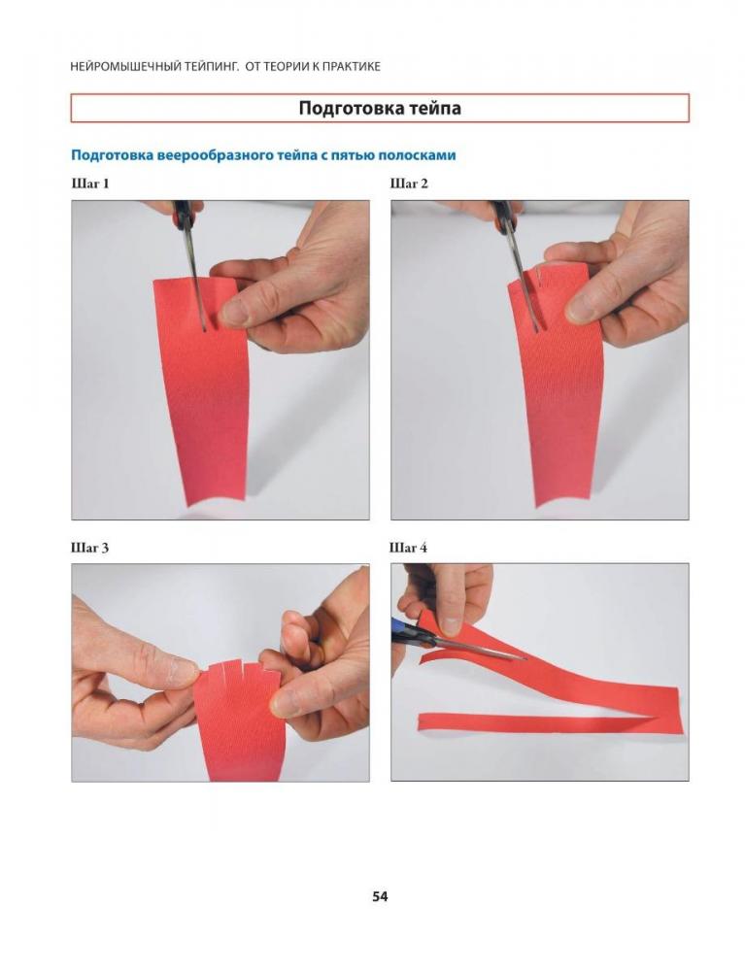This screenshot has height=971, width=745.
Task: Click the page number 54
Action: pyautogui.click(x=380, y=896)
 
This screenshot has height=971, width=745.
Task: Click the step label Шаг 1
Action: pyautogui.click(x=90, y=184)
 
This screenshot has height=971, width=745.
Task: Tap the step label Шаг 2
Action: pyautogui.click(x=409, y=184)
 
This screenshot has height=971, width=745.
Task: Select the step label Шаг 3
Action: pyautogui.click(x=90, y=548)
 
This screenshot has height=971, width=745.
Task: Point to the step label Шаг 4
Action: pyautogui.click(x=408, y=548)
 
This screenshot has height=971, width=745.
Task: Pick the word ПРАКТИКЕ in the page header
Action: pyautogui.click(x=356, y=66)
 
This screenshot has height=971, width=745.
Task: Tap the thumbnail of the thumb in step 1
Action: pyautogui.click(x=234, y=314)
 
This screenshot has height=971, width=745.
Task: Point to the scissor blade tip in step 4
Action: pyautogui.click(x=525, y=658)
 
